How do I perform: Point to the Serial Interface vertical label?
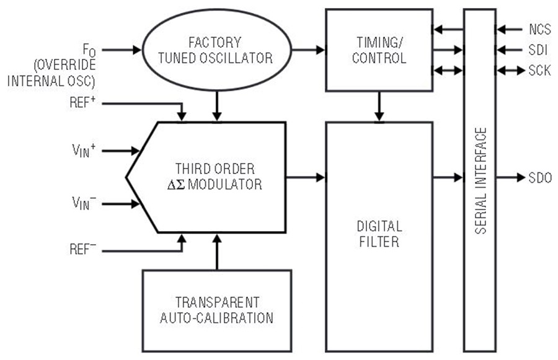click(480, 181)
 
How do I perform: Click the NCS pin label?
click(540, 30)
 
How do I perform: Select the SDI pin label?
click(538, 50)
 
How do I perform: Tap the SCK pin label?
click(539, 71)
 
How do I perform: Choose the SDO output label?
click(540, 177)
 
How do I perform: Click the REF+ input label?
click(82, 102)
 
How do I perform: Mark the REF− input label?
click(83, 249)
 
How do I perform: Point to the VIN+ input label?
click(84, 150)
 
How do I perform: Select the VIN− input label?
click(84, 203)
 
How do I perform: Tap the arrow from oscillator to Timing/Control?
click(309, 50)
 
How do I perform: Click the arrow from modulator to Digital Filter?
click(306, 177)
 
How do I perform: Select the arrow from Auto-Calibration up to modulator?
click(217, 252)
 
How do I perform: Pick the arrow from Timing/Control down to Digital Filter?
click(379, 107)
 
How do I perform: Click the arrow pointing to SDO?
click(511, 177)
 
